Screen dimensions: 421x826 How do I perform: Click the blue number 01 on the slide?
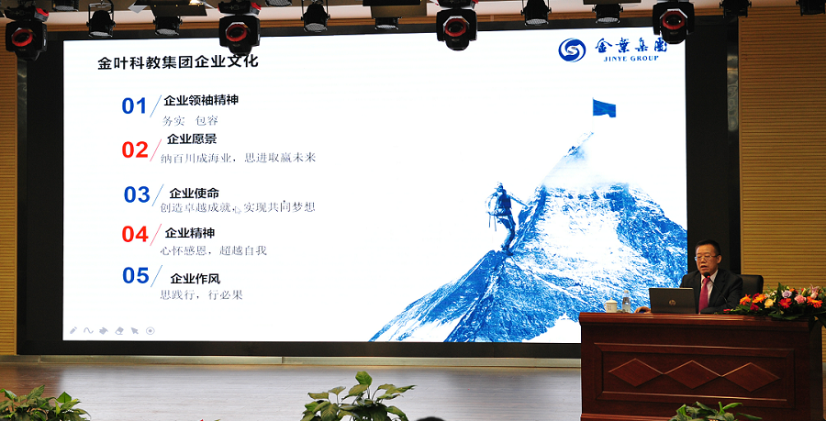(134, 105)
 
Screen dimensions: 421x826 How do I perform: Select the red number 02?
(135, 150)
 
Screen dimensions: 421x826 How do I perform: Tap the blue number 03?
(137, 194)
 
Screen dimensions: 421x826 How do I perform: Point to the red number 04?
(135, 234)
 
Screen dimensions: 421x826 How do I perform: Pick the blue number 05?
(136, 275)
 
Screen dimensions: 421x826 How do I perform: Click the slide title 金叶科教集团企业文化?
(178, 63)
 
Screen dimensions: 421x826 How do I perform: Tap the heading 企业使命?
(194, 193)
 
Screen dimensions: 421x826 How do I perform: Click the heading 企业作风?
(195, 278)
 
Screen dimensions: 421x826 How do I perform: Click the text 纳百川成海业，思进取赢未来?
(238, 157)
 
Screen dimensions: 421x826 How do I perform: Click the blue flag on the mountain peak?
(603, 108)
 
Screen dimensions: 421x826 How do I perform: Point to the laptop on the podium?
(671, 300)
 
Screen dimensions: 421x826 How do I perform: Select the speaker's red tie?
(704, 293)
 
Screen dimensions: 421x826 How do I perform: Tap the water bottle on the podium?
(626, 302)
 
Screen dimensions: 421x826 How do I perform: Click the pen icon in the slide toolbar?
(73, 330)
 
